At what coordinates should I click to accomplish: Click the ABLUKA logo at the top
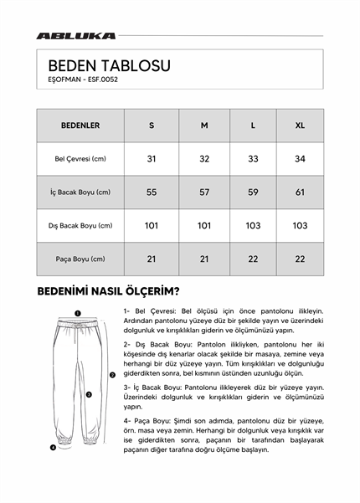point(75,36)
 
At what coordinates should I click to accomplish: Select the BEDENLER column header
point(80,126)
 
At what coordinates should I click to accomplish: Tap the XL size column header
point(301,126)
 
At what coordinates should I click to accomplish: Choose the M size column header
point(204,126)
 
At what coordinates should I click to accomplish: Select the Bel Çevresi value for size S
point(152,159)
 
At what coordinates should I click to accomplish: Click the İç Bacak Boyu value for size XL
point(301,192)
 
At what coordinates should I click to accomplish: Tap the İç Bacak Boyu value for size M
point(204,192)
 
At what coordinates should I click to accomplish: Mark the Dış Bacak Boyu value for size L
point(254,226)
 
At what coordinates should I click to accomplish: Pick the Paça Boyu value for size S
point(152,259)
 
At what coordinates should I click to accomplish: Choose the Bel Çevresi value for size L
point(254,159)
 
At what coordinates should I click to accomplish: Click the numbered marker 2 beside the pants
point(112,375)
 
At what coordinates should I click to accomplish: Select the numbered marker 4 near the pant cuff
point(53,447)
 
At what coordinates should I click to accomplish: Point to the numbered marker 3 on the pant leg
point(88,393)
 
